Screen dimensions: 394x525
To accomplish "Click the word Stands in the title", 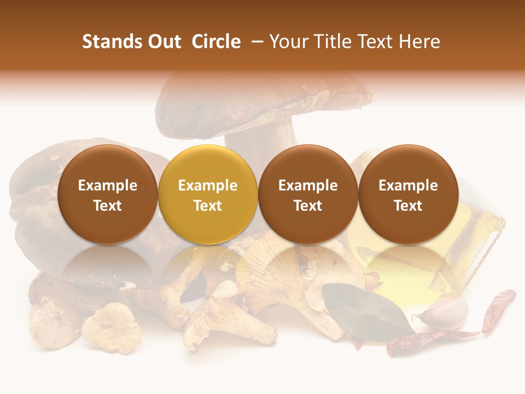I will point(112,42).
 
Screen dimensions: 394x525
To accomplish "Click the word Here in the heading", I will point(419,42).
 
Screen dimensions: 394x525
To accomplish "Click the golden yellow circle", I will point(207,194).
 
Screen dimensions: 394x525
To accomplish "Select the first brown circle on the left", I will point(107,194).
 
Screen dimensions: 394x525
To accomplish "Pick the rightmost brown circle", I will point(408,194).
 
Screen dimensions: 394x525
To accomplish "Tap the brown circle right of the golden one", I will point(308,194).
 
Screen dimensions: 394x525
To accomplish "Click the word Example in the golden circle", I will point(207,186).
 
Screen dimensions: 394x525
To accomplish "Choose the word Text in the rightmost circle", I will point(408,206).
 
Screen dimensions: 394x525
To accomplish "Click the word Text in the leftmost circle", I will point(107,206).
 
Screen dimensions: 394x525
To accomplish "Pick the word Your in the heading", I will point(289,42).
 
